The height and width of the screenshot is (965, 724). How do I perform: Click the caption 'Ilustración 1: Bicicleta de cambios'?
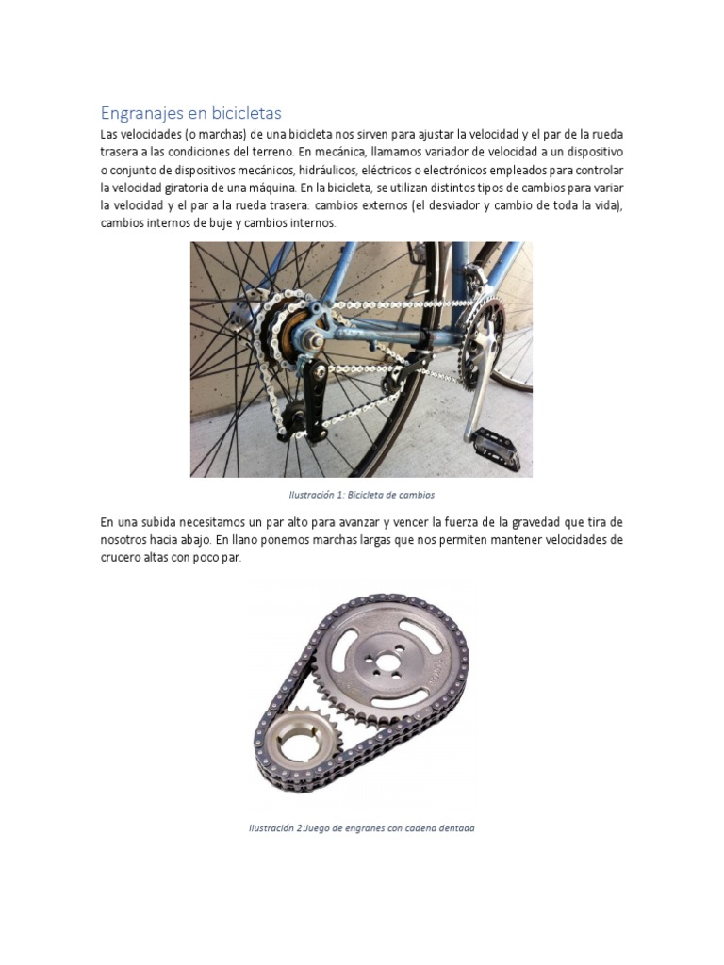(361, 494)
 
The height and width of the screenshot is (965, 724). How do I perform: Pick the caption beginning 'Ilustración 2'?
(361, 828)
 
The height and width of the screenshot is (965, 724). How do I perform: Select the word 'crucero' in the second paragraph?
(123, 558)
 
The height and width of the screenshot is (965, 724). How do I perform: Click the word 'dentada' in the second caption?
(455, 828)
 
